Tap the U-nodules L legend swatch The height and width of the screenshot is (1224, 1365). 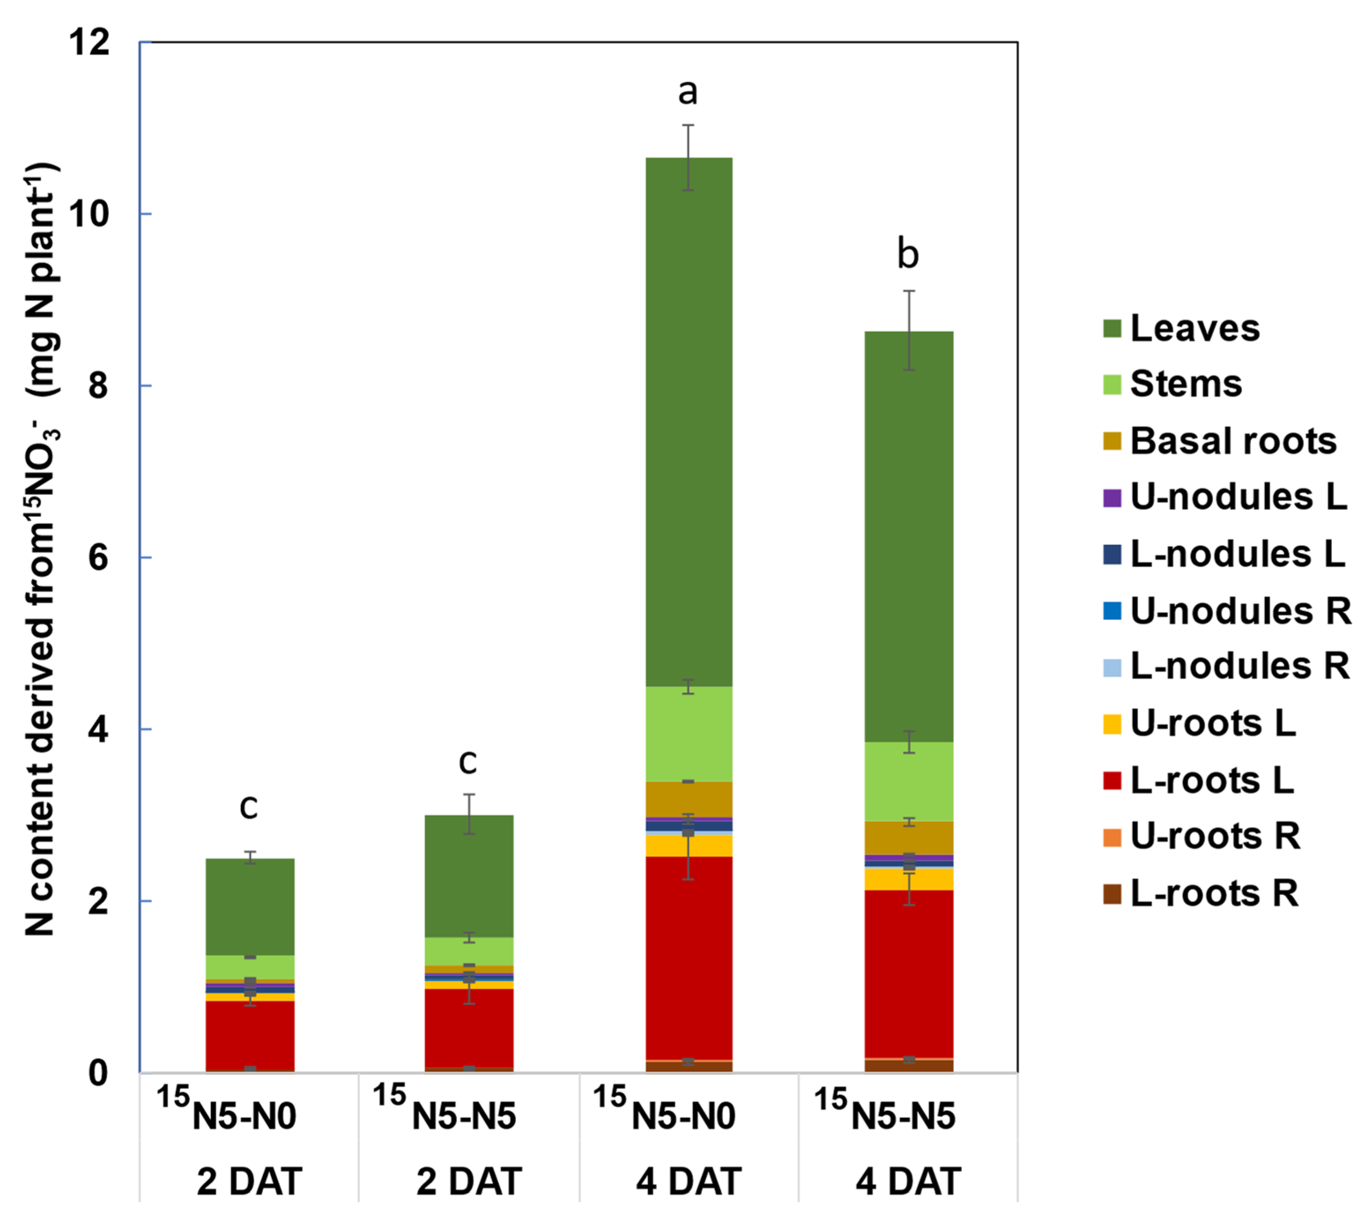click(x=1112, y=498)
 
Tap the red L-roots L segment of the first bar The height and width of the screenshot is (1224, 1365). click(x=250, y=1036)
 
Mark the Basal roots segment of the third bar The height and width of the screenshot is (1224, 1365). click(x=688, y=800)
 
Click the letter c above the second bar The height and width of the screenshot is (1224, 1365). click(x=468, y=763)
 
